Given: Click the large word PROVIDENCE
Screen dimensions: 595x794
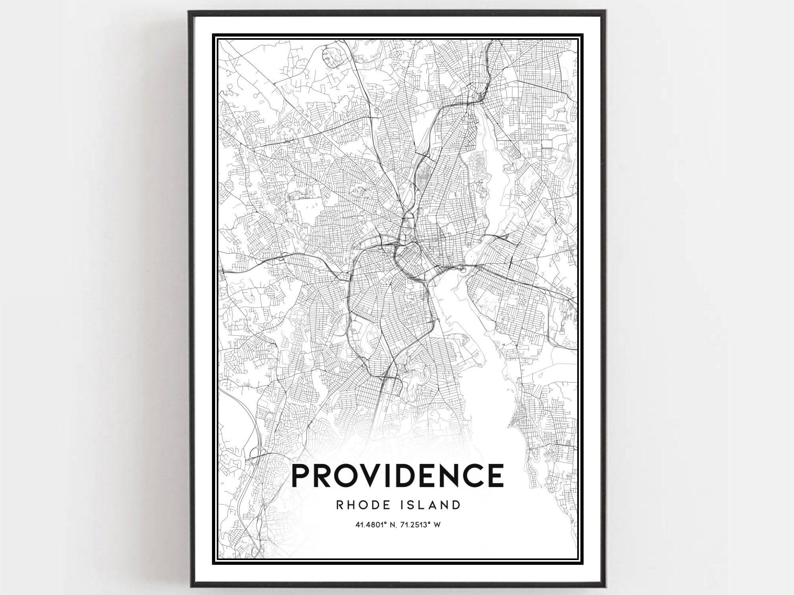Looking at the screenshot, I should pyautogui.click(x=398, y=476).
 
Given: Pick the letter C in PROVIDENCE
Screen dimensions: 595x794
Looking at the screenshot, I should pyautogui.click(x=472, y=476).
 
